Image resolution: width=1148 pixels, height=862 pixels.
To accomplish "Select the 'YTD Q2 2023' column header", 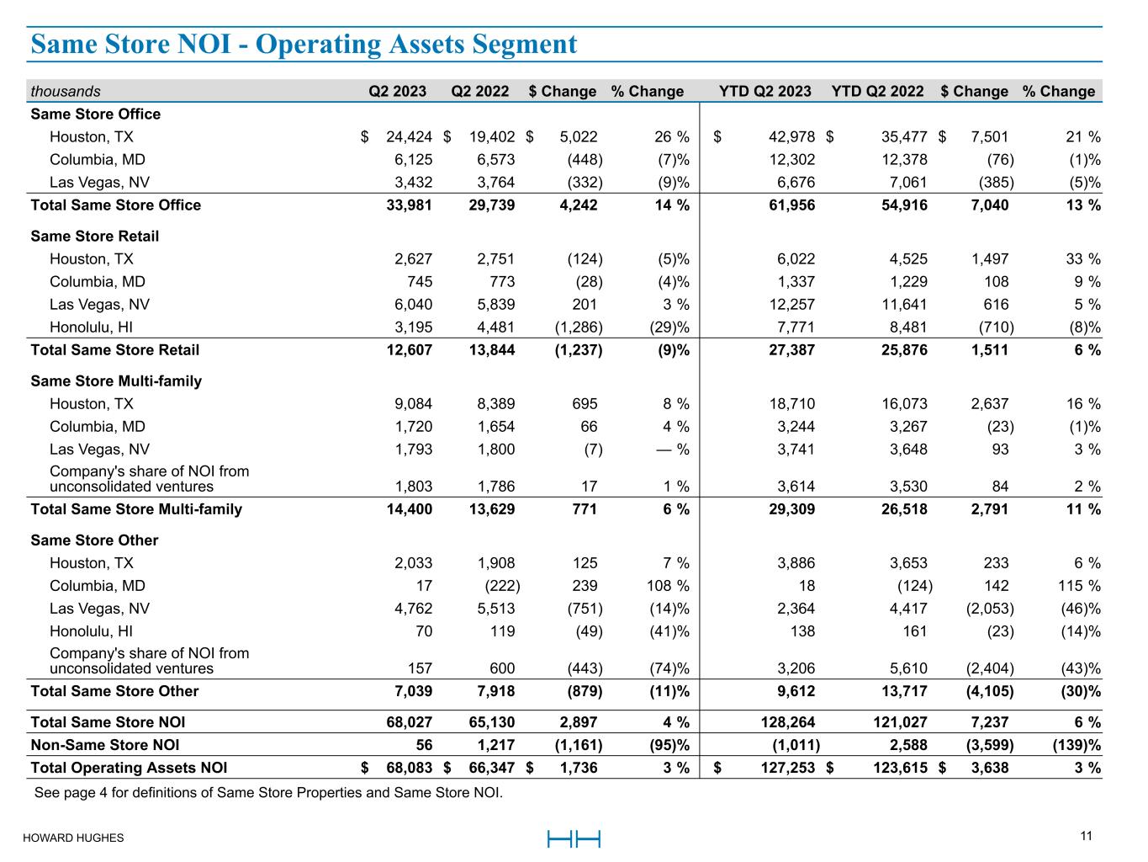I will pyautogui.click(x=764, y=91).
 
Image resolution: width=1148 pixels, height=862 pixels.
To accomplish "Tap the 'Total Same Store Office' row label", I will pyautogui.click(x=115, y=205).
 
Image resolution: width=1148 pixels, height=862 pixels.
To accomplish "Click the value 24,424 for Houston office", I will pyautogui.click(x=410, y=137).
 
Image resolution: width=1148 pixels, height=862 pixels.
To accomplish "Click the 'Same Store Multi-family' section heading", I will pyautogui.click(x=116, y=381).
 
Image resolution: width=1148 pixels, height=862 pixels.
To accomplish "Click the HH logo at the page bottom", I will pyautogui.click(x=574, y=838).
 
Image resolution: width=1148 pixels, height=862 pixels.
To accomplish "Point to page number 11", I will pyautogui.click(x=1086, y=836).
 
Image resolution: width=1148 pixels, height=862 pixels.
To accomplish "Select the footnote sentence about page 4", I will pyautogui.click(x=267, y=792).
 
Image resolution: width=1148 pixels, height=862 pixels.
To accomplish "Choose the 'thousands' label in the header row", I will pyautogui.click(x=65, y=91).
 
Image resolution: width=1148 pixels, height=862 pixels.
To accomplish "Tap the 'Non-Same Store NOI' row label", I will pyautogui.click(x=104, y=745).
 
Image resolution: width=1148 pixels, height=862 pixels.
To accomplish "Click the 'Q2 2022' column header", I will pyautogui.click(x=480, y=91).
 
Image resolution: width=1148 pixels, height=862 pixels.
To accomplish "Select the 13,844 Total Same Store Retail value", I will pyautogui.click(x=492, y=350).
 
